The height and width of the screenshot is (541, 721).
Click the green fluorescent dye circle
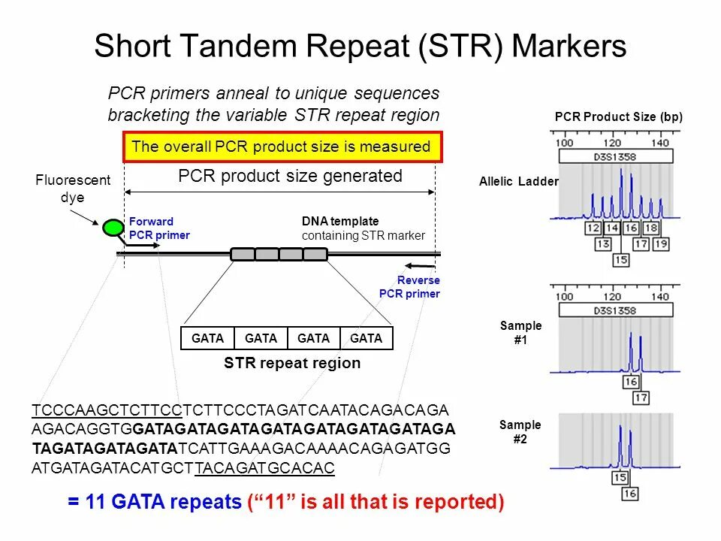click(x=113, y=227)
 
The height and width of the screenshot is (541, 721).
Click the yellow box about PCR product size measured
click(x=282, y=147)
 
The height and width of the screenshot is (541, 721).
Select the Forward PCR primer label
click(x=159, y=228)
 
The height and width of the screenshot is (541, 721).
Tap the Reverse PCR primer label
click(x=409, y=287)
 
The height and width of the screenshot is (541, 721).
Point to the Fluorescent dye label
click(x=73, y=189)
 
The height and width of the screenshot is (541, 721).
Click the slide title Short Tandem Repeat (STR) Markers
click(x=360, y=47)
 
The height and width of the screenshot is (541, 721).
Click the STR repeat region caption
click(x=292, y=364)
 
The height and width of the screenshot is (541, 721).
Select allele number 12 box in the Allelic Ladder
click(x=593, y=228)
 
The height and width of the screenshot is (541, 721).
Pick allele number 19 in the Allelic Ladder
click(x=660, y=243)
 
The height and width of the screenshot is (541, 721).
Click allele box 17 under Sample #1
click(x=641, y=398)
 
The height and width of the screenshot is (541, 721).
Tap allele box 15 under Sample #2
click(x=620, y=478)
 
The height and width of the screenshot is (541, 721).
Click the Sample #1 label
click(x=520, y=332)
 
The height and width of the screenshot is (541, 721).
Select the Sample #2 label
click(x=520, y=432)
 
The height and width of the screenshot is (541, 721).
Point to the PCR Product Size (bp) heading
click(x=618, y=117)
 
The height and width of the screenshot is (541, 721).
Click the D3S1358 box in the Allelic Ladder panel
click(x=614, y=156)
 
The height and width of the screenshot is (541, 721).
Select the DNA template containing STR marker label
click(x=363, y=228)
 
